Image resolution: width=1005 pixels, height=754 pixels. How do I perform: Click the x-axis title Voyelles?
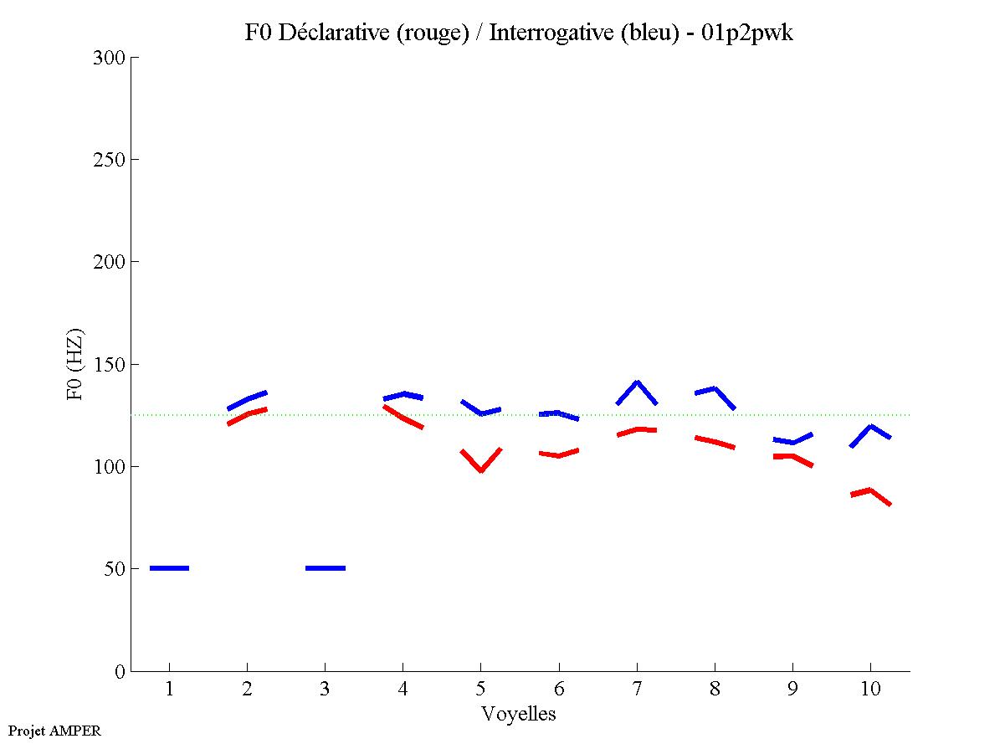click(x=519, y=714)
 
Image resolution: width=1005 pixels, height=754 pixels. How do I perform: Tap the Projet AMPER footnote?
click(x=54, y=731)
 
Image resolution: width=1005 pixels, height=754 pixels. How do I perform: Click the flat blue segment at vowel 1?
click(x=169, y=568)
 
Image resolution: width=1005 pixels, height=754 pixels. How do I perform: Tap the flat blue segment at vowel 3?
click(x=325, y=568)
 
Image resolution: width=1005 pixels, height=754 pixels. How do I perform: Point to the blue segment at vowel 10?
click(x=870, y=428)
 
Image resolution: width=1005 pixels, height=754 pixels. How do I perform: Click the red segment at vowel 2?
click(x=248, y=413)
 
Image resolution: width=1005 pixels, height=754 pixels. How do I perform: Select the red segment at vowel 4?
click(x=403, y=416)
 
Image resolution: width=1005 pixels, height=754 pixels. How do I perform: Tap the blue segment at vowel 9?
click(x=792, y=441)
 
